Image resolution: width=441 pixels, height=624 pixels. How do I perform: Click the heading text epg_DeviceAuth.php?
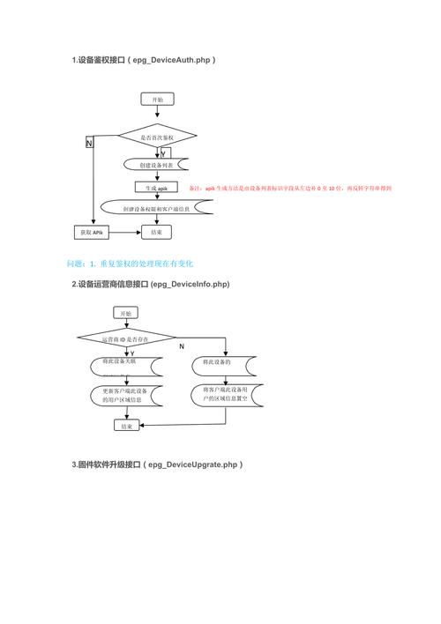tap(173, 60)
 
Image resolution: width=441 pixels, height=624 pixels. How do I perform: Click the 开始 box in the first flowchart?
tap(157, 100)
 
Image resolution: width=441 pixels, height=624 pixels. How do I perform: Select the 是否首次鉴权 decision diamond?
tap(158, 138)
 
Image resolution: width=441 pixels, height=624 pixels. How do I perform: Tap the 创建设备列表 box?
tap(156, 165)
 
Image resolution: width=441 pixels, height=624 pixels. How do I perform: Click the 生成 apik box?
tap(157, 188)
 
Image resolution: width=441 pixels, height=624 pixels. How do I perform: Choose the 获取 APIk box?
tap(92, 233)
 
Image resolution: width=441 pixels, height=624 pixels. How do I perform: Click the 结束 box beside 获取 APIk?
tap(156, 233)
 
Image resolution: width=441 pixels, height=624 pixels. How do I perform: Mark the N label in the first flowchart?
tap(89, 143)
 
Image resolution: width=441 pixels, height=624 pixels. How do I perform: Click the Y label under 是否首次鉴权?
tap(164, 153)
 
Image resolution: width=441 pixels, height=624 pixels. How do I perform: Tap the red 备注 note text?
tap(291, 189)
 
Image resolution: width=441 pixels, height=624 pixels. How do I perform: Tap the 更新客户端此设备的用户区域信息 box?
tap(124, 396)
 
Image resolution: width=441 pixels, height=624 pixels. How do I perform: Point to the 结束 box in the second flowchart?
tap(124, 426)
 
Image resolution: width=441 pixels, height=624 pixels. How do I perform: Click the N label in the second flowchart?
tap(182, 346)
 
